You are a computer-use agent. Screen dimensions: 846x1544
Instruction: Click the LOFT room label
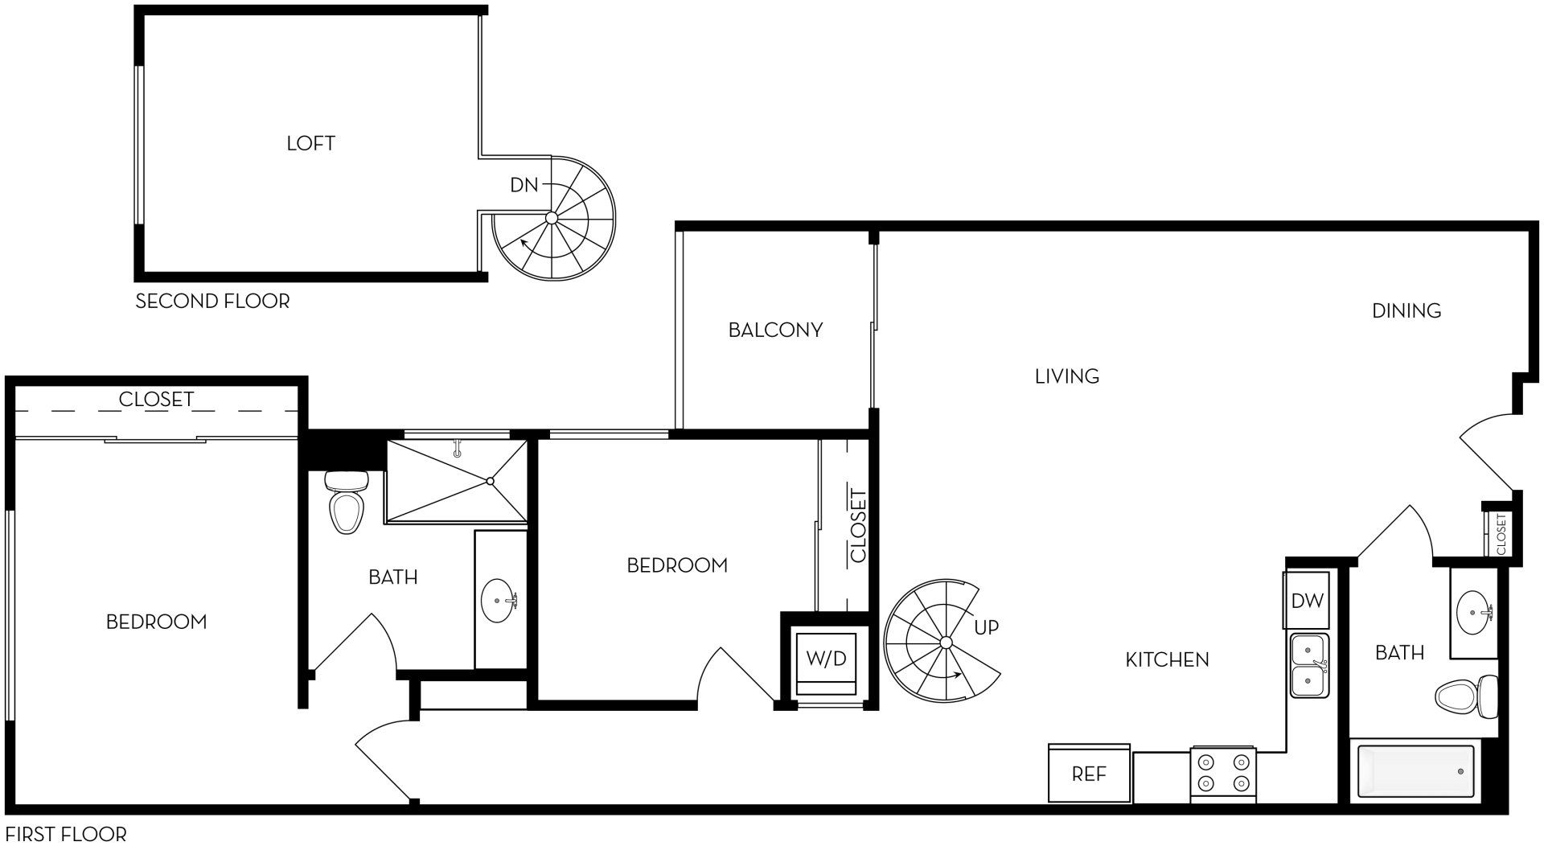(x=310, y=143)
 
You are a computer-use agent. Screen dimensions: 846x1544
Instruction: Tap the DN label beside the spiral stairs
(x=524, y=185)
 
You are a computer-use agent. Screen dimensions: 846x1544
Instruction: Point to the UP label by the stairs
(x=986, y=626)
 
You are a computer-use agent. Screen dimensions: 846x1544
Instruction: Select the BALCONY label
(x=775, y=330)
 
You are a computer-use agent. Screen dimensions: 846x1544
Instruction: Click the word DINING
(x=1406, y=310)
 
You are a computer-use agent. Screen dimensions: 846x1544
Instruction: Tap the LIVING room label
(x=1067, y=376)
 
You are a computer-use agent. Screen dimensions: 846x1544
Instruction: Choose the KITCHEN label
(x=1167, y=659)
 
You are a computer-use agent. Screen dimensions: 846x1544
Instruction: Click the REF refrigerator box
(x=1089, y=774)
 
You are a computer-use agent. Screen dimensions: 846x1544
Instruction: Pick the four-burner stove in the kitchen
(x=1223, y=772)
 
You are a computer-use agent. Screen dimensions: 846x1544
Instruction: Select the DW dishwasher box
(x=1307, y=600)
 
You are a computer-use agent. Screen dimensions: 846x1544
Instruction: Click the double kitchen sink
(x=1309, y=666)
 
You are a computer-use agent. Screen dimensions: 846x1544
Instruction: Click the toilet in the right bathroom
(x=1467, y=696)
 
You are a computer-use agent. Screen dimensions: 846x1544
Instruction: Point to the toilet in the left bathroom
(x=346, y=503)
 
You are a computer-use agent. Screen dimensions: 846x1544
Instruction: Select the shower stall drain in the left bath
(x=490, y=481)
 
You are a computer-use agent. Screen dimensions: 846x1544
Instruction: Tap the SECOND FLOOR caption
(x=212, y=302)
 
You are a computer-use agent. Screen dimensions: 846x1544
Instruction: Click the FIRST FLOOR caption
(x=65, y=833)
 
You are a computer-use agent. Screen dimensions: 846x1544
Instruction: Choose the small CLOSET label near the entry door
(x=1501, y=534)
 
